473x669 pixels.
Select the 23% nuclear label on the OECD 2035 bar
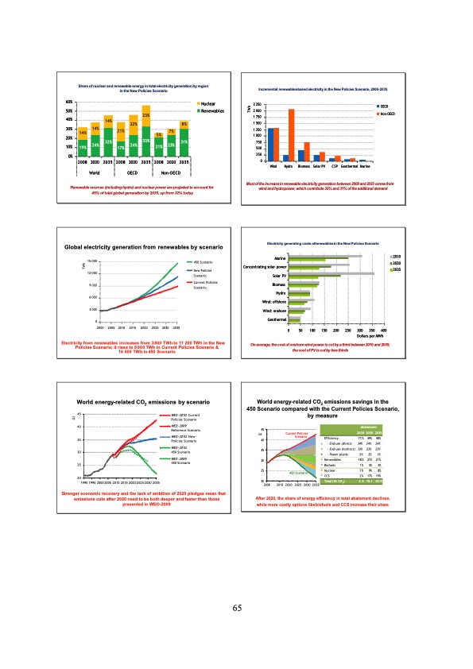146,115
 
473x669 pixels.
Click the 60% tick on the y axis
70,102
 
